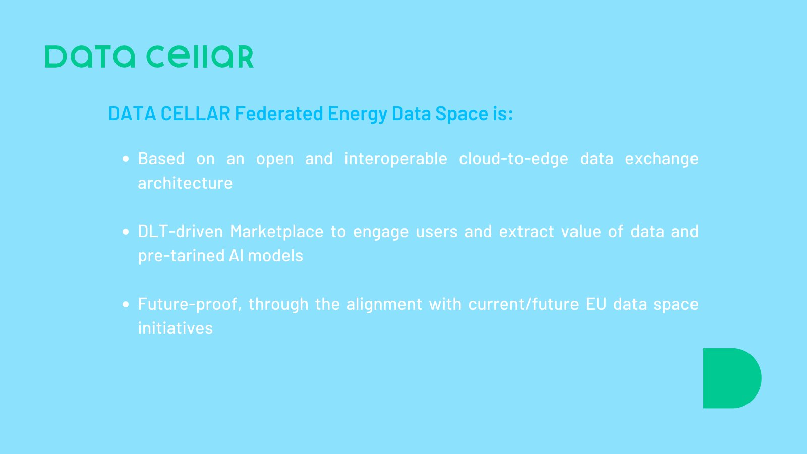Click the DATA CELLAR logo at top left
point(149,56)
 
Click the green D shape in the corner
point(731,378)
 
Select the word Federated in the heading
point(279,113)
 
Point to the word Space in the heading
point(462,114)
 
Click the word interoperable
point(395,159)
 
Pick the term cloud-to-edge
point(513,159)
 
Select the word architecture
point(185,183)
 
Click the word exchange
point(662,159)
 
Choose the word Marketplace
point(276,232)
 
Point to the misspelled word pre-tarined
point(181,256)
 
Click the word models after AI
point(275,256)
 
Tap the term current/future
point(524,304)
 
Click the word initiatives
point(176,328)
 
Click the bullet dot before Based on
point(126,159)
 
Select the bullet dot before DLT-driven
point(126,232)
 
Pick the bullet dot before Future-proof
point(126,304)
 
